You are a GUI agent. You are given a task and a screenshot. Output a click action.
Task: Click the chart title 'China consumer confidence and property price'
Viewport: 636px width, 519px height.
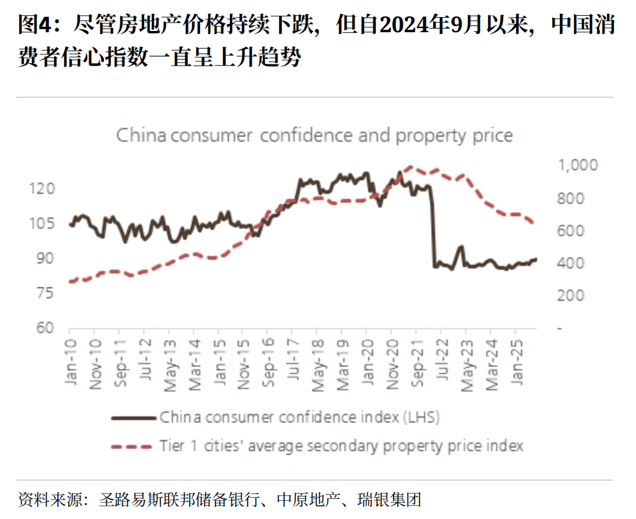(x=314, y=135)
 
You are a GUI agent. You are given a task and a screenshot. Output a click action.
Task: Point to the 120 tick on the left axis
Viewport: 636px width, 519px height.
(x=43, y=189)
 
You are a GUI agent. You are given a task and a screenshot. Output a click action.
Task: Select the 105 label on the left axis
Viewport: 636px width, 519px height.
(x=43, y=224)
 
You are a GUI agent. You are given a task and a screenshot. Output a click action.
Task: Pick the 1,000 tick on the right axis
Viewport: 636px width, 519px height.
(x=577, y=165)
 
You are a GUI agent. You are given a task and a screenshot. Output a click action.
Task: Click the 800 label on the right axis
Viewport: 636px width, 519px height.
(x=571, y=199)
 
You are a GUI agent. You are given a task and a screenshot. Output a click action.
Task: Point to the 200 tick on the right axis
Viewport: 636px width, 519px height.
(x=571, y=296)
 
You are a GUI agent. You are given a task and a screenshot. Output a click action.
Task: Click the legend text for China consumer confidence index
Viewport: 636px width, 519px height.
(x=299, y=418)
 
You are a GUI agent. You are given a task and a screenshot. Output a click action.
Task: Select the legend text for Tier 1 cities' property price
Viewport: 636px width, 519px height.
(x=341, y=446)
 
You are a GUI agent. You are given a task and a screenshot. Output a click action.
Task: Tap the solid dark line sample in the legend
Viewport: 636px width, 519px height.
(x=132, y=418)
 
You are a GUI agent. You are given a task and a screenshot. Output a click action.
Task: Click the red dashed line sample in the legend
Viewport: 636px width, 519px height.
(x=132, y=447)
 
